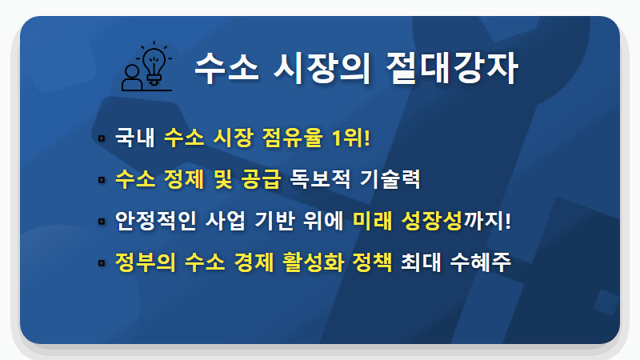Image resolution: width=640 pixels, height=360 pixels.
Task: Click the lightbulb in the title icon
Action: pos(154,62)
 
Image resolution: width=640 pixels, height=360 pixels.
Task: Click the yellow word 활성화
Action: pos(314,262)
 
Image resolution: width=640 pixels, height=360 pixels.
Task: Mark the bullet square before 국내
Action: pos(102,138)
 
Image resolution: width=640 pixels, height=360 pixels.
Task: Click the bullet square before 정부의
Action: pos(102,262)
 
